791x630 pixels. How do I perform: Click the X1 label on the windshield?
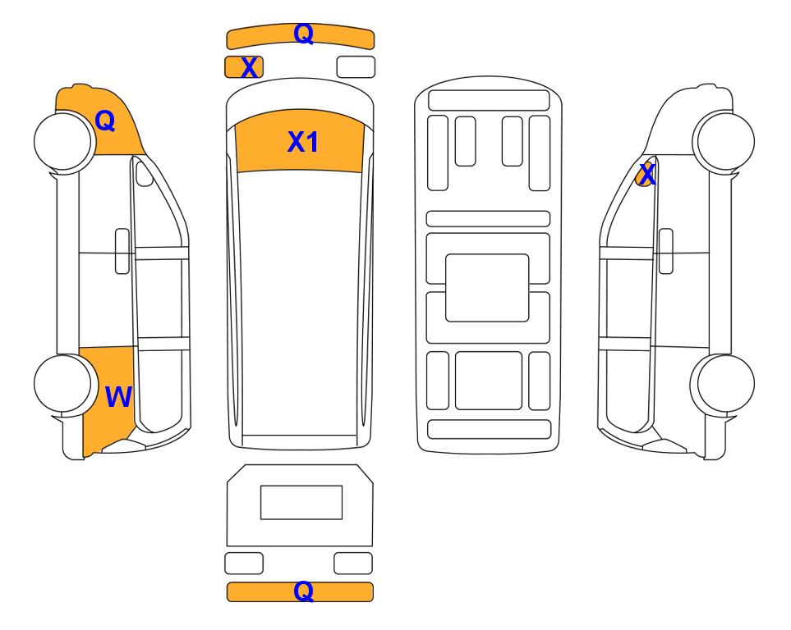click(302, 142)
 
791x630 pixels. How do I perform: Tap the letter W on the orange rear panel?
click(118, 397)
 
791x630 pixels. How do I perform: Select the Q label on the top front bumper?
click(304, 34)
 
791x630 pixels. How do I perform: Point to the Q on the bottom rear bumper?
click(304, 591)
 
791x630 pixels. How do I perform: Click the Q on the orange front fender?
click(105, 121)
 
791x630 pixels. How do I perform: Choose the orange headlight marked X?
click(244, 67)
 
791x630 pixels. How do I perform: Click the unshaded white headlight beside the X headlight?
click(356, 67)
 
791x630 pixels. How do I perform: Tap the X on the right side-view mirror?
click(646, 175)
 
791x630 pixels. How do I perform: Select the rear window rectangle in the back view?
click(301, 502)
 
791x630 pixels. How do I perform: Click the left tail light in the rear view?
click(244, 563)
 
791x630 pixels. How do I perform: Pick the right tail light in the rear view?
click(353, 563)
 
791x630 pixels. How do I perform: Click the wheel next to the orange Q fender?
click(65, 141)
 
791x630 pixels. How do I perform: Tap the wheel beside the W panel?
click(65, 384)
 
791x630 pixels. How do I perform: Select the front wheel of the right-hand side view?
click(724, 141)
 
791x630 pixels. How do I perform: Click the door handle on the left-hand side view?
click(122, 251)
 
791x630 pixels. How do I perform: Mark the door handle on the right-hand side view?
click(666, 251)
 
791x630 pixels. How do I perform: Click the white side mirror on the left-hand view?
click(145, 172)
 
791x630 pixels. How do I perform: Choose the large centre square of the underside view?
click(487, 288)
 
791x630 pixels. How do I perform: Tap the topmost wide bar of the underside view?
click(489, 100)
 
